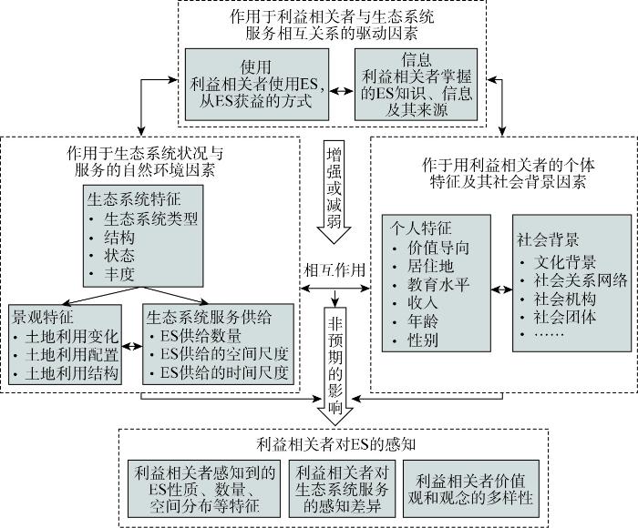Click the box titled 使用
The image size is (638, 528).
257,85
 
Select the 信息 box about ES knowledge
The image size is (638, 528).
416,85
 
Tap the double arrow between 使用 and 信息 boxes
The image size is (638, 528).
342,91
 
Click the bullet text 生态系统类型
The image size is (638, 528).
150,219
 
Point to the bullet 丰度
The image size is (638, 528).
118,274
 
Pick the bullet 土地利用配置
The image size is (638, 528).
72,355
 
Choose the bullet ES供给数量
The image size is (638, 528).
201,336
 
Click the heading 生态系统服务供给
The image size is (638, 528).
209,317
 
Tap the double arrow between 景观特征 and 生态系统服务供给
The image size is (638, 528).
132,346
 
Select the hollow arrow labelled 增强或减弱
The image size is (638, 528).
334,191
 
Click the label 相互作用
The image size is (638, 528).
334,270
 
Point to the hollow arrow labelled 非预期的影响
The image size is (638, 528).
334,366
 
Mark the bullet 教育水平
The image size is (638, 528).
438,285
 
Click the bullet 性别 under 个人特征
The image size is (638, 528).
423,340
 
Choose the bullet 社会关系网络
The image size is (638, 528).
581,280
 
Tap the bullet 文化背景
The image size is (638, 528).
565,262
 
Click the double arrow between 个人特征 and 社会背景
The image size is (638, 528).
501,289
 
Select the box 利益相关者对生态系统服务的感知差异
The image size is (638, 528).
342,489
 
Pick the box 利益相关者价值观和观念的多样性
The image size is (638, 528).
471,489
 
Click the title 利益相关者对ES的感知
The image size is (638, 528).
336,444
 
